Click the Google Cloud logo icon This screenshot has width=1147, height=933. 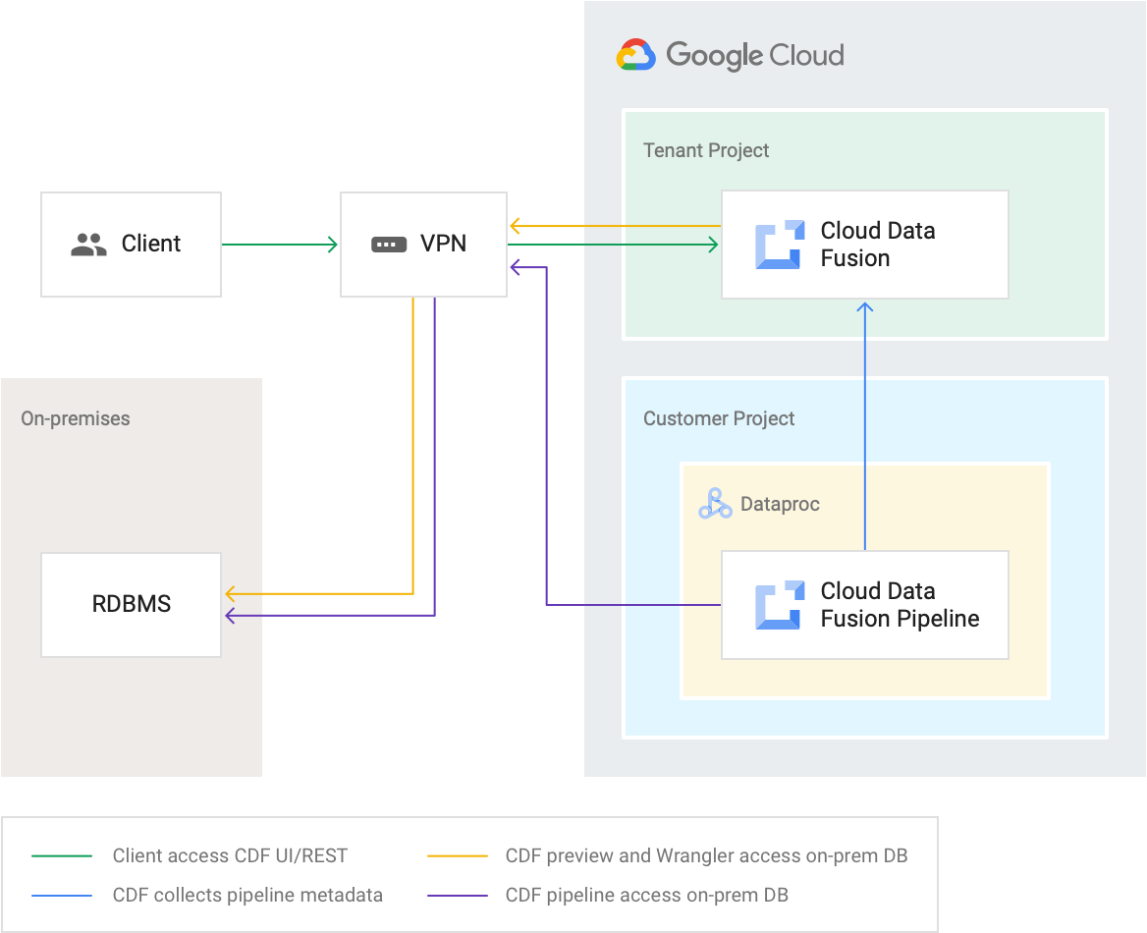pyautogui.click(x=635, y=55)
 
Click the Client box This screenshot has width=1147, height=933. pyautogui.click(x=131, y=244)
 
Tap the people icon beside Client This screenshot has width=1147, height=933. pyautogui.click(x=89, y=245)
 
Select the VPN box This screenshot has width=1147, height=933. pyautogui.click(x=423, y=244)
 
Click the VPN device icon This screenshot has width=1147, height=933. pyautogui.click(x=389, y=245)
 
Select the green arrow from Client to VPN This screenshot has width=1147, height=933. pyautogui.click(x=280, y=244)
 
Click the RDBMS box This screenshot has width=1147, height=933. pyautogui.click(x=131, y=604)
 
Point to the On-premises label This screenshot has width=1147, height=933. pyautogui.click(x=76, y=418)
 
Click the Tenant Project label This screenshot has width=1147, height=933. pyautogui.click(x=706, y=150)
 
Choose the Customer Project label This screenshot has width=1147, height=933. pyautogui.click(x=719, y=418)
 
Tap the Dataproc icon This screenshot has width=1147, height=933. pyautogui.click(x=715, y=504)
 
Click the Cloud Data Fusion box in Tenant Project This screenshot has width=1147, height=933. pyautogui.click(x=864, y=245)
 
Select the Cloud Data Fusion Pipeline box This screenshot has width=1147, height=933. pyautogui.click(x=864, y=604)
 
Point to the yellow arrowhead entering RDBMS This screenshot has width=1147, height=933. pyautogui.click(x=232, y=593)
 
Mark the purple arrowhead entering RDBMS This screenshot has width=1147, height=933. pyautogui.click(x=232, y=616)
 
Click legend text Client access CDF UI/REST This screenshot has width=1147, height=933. pyautogui.click(x=230, y=855)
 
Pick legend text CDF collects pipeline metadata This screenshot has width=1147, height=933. pyautogui.click(x=247, y=895)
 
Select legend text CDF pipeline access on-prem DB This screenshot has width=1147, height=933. pyautogui.click(x=646, y=895)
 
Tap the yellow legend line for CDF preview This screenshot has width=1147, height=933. pyautogui.click(x=458, y=855)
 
